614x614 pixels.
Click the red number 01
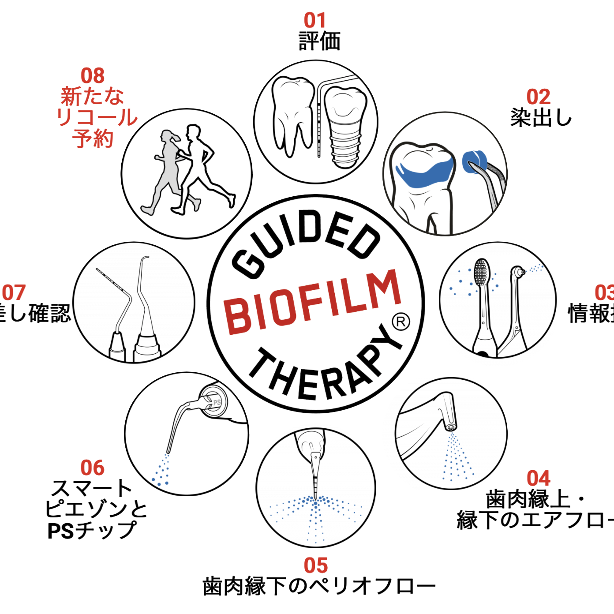pos(314,20)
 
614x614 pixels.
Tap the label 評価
pos(319,41)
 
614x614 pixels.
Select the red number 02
pos(538,97)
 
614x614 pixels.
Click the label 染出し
pos(541,118)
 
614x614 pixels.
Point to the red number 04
pos(538,479)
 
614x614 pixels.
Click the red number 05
pos(316,565)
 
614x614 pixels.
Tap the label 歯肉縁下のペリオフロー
pos(319,587)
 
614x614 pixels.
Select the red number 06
pos(92,468)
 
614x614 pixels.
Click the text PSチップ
pos(92,531)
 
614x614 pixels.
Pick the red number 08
pos(93,76)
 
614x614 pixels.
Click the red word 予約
pos(93,139)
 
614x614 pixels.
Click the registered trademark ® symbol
pos(401,322)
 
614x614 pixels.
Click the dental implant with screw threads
pos(346,128)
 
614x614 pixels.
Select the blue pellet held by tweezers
pos(474,160)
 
